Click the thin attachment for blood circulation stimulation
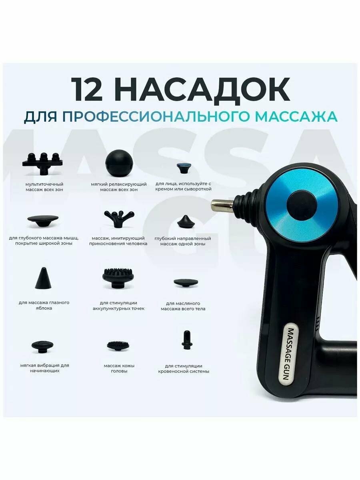pos(185,340)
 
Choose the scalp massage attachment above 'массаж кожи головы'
pos(118,345)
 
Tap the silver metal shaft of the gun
pos(222,206)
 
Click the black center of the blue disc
pos(302,205)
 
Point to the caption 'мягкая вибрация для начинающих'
pos(44,368)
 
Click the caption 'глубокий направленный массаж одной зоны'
pos(185,241)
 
